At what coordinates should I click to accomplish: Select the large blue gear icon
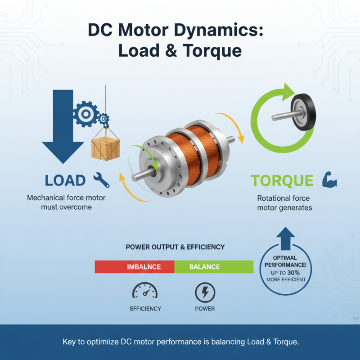pos(85,112)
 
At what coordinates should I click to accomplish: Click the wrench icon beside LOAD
pos(101,180)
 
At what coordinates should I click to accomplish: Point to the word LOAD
pos(65,180)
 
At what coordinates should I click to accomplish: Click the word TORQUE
pos(282,180)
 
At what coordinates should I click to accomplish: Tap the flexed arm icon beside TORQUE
pos(329,180)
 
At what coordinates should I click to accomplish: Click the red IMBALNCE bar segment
pos(134,267)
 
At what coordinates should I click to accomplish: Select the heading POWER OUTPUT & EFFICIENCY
pos(175,247)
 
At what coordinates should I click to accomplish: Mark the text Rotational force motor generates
pos(283,203)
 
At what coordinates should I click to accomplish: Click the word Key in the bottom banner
pos(69,342)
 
